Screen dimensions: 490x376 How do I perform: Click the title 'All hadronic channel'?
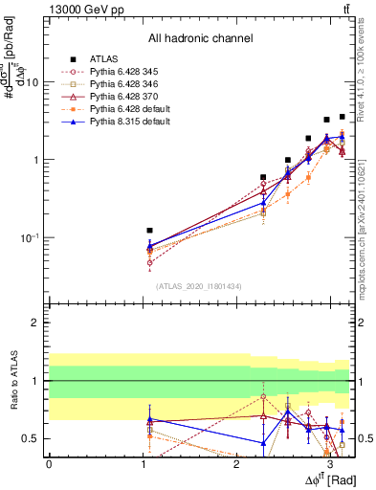click(x=200, y=38)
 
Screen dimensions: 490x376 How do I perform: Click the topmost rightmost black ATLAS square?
click(x=343, y=117)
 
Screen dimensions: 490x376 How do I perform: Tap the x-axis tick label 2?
click(x=236, y=464)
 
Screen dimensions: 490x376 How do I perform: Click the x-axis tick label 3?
click(x=330, y=464)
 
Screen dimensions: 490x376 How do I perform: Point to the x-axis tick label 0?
click(x=49, y=464)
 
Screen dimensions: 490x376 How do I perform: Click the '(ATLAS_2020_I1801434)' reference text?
click(x=200, y=285)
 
